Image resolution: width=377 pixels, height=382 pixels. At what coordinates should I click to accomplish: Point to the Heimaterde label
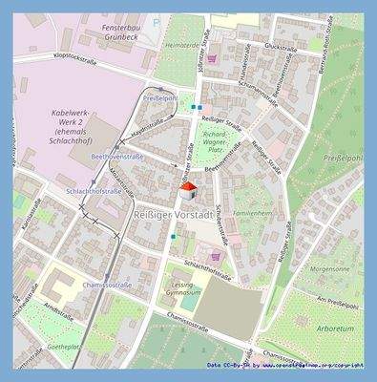pyautogui.click(x=180, y=45)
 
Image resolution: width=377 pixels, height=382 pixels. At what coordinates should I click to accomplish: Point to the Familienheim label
pyautogui.click(x=253, y=215)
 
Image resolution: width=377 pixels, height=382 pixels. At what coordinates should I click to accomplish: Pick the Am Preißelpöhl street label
pyautogui.click(x=337, y=305)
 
